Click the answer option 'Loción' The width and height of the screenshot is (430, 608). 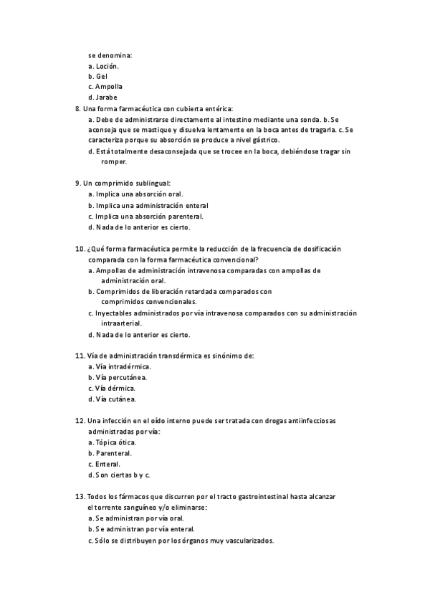click(107, 66)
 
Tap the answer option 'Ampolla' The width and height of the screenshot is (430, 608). click(108, 87)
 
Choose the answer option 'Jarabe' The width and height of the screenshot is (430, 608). click(106, 98)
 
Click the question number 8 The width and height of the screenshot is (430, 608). click(77, 108)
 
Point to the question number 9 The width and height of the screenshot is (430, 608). click(77, 183)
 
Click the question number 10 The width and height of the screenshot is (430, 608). click(79, 248)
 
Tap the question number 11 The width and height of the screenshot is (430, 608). click(79, 355)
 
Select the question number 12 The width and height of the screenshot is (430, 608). click(79, 420)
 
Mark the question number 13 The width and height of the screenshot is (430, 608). click(79, 496)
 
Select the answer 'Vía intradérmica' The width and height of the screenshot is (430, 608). click(123, 366)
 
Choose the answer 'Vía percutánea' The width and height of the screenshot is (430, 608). click(122, 377)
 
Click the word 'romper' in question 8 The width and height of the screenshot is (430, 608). click(114, 162)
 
